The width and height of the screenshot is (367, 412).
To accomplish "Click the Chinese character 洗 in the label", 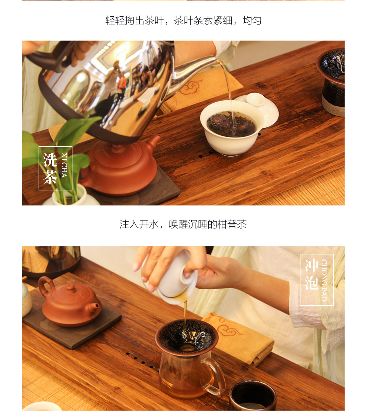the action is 50,160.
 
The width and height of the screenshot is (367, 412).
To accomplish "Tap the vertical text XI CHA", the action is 64,165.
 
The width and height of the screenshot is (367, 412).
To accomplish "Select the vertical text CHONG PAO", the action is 324,280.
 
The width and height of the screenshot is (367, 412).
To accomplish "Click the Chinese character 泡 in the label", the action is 312,283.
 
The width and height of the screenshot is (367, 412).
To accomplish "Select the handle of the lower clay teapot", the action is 45,285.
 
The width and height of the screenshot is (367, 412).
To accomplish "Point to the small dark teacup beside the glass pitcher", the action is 253,396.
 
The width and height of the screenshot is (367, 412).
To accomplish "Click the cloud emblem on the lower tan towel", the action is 228,328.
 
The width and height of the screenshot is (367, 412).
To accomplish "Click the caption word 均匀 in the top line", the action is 252,20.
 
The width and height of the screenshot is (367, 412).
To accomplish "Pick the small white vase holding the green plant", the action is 70,196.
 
